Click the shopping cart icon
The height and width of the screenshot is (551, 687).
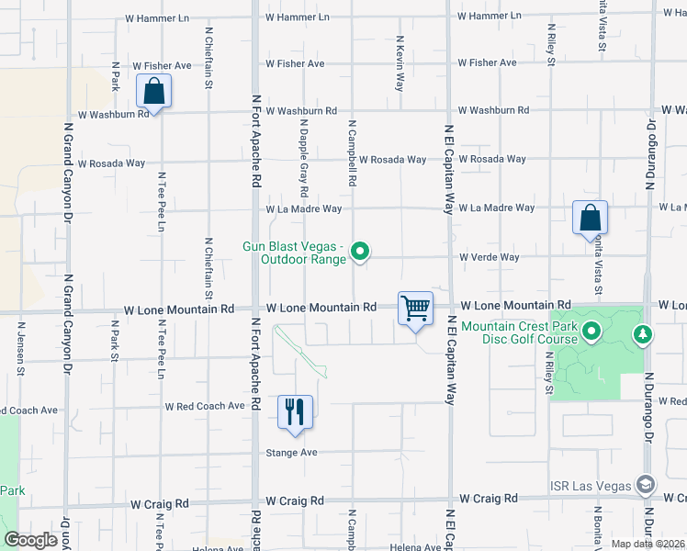pos(415,308)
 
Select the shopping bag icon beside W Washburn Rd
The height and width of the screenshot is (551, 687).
pos(153,91)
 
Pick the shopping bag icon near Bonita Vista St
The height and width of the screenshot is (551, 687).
pos(590,218)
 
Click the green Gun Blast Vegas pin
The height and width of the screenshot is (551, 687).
pos(361,251)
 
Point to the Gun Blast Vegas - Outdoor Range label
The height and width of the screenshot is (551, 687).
pos(294,253)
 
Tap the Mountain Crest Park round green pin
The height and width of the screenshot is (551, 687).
pos(591,331)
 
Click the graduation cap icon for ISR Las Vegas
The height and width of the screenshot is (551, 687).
pos(646,484)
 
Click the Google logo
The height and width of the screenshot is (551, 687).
pos(30,540)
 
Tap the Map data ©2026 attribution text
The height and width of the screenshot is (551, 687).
pos(648,544)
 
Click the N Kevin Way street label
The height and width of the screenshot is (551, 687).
pos(400,63)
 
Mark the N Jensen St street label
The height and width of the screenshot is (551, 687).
pos(19,348)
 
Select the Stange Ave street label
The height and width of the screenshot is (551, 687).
pos(291,453)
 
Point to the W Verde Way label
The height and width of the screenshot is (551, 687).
pos(490,257)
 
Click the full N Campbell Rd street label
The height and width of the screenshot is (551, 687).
pos(352,152)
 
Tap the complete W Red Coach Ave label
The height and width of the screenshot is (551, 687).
pos(204,405)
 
